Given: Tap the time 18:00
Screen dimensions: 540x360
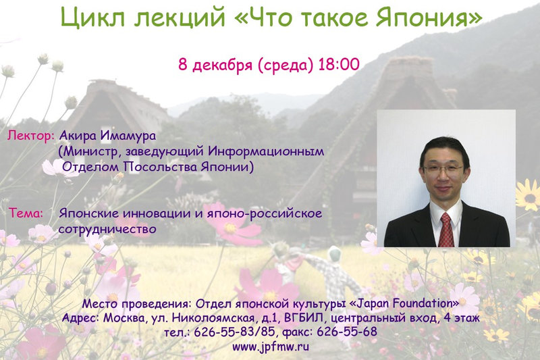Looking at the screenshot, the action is pyautogui.click(x=339, y=64).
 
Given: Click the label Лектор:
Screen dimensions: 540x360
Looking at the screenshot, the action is pyautogui.click(x=31, y=135).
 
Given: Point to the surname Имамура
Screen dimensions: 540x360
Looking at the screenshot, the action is pyautogui.click(x=128, y=135).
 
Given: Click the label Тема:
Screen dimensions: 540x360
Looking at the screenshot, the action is pyautogui.click(x=26, y=213).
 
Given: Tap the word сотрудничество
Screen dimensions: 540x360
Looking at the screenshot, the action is pyautogui.click(x=107, y=229).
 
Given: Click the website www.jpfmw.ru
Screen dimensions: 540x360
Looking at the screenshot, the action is pyautogui.click(x=271, y=346).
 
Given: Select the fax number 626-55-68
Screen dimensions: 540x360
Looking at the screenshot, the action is pyautogui.click(x=347, y=332).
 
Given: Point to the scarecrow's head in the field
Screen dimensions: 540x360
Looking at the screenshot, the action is pyautogui.click(x=334, y=255).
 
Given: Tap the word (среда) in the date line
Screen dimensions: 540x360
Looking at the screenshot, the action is pyautogui.click(x=286, y=65).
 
